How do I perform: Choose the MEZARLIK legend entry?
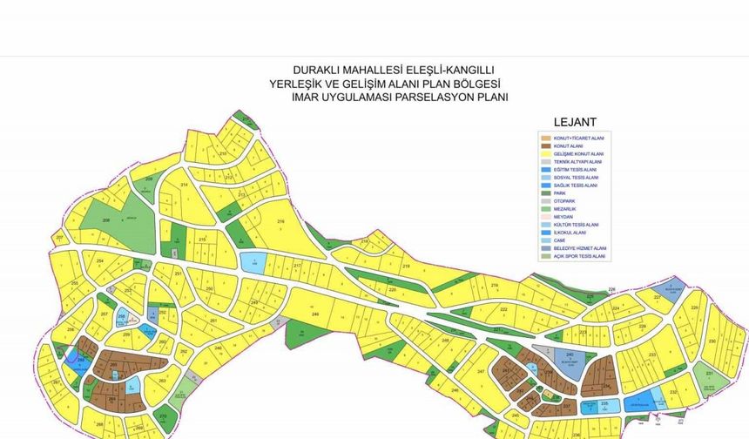pos(565,209)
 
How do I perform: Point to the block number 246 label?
pos(314,314)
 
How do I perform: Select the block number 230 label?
pos(712,341)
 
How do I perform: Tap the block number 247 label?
pos(482,371)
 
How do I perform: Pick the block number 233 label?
pos(652,355)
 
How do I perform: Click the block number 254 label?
pos(100,260)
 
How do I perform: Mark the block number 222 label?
pos(503,309)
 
